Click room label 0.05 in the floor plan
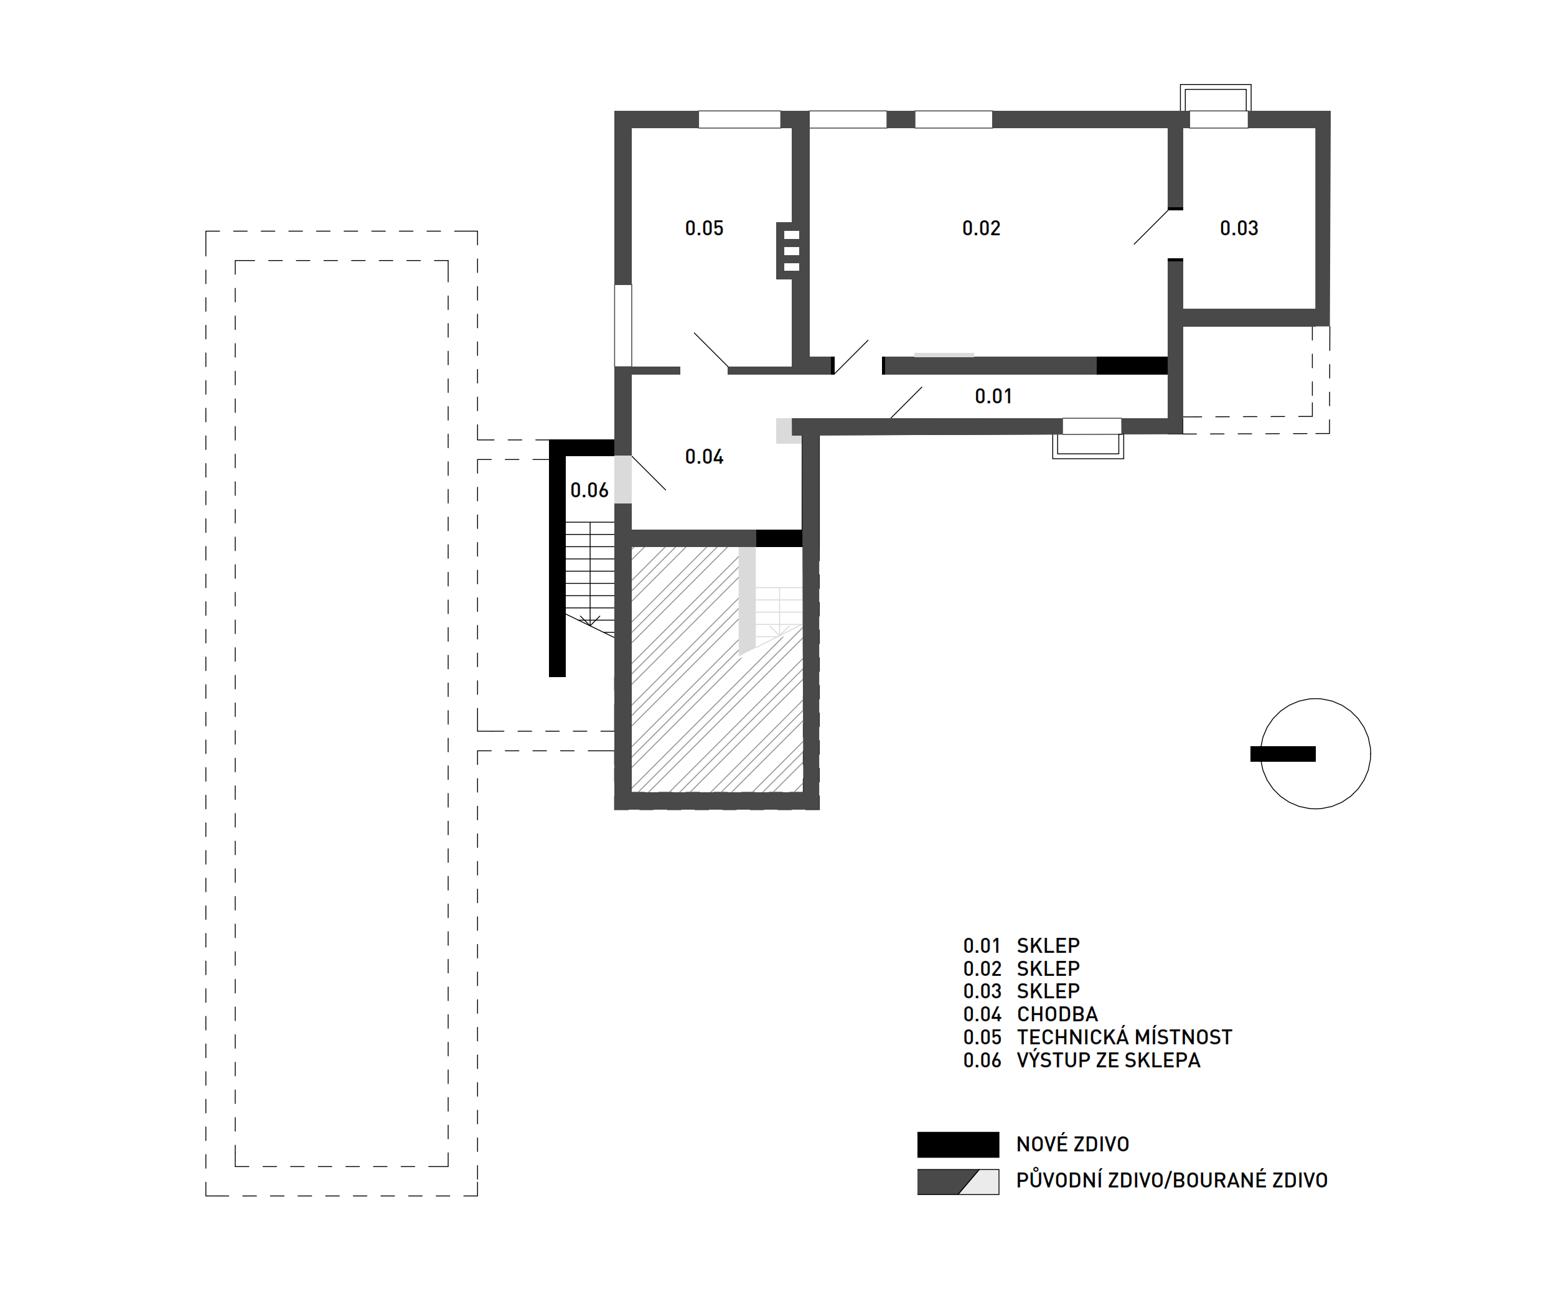(x=704, y=228)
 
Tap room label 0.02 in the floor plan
(x=981, y=228)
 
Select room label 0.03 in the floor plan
(x=1239, y=228)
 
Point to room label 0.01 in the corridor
(x=993, y=396)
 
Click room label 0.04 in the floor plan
(x=704, y=457)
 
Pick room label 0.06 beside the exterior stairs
(x=589, y=490)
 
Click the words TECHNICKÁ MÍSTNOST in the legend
(x=1124, y=1037)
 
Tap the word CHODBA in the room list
(x=1058, y=1014)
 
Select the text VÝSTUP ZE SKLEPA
(x=1109, y=1060)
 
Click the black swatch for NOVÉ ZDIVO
(x=958, y=1145)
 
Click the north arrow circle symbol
(x=1315, y=754)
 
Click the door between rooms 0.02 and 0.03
(x=1151, y=227)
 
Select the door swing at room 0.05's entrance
(x=711, y=350)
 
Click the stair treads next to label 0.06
(x=589, y=573)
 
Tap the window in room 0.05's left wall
(x=622, y=325)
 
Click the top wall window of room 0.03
(x=1218, y=119)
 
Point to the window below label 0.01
(x=1091, y=426)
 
